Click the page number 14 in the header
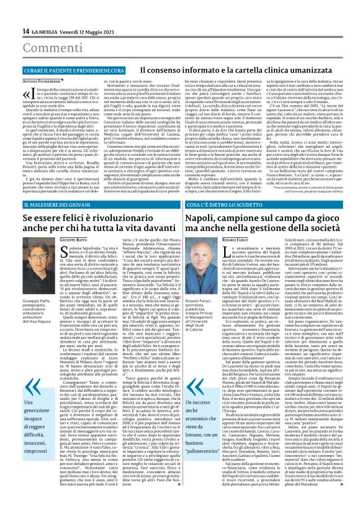pyautogui.click(x=25, y=31)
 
